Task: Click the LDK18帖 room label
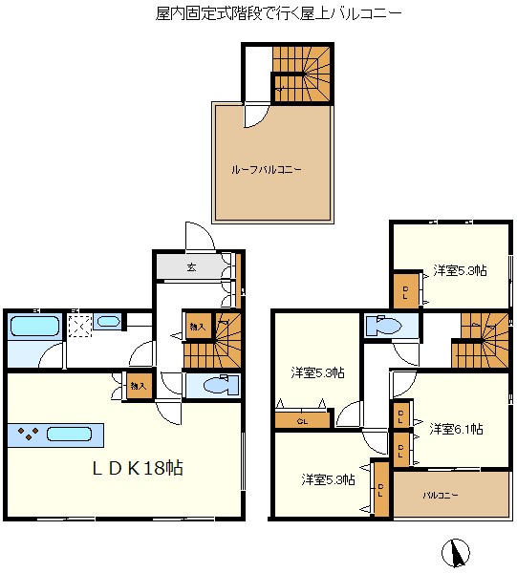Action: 138,468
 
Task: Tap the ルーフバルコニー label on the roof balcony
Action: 267,170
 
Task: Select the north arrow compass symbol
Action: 455,553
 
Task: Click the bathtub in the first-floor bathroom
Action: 34,326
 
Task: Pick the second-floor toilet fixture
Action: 383,325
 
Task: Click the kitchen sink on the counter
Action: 69,435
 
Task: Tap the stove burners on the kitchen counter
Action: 28,434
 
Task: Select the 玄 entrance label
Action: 191,267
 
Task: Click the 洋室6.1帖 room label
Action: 456,429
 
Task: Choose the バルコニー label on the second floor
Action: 441,496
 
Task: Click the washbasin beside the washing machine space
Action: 108,322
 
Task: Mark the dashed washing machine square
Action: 80,326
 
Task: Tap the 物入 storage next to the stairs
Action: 198,326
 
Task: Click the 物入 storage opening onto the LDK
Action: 139,386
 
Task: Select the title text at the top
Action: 279,14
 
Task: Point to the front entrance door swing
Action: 200,236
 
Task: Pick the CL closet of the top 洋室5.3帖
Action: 405,291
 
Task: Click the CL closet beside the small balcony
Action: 381,490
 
